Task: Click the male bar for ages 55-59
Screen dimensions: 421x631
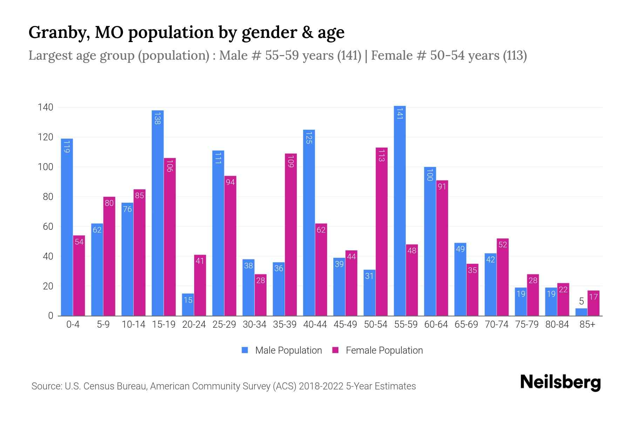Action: (x=400, y=210)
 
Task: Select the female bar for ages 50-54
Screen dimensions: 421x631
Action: (x=381, y=232)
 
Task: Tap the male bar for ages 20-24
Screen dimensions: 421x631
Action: (x=188, y=305)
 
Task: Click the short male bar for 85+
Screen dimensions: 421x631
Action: (x=581, y=312)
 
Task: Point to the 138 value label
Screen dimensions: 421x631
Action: (x=157, y=118)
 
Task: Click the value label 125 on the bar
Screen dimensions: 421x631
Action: (x=309, y=137)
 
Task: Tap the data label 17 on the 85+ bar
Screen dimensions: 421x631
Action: (x=593, y=297)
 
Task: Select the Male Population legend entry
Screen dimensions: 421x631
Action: (x=282, y=350)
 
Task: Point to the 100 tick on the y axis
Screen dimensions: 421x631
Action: (x=45, y=167)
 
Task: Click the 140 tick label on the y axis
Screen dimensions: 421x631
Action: (x=45, y=107)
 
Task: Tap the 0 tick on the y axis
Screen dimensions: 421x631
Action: (x=50, y=316)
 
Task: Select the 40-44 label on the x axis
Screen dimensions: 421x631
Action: (x=315, y=325)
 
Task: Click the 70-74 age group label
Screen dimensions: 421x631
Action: (x=496, y=325)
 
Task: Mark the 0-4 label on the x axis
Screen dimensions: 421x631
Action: (x=73, y=325)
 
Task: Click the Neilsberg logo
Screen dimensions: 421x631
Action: (x=560, y=382)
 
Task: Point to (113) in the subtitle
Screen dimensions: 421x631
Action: (x=515, y=55)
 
